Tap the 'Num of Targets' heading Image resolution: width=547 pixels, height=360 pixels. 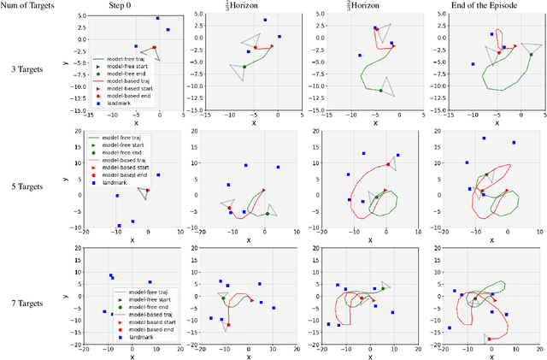(x=30, y=6)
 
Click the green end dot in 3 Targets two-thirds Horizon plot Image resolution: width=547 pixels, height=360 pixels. (x=381, y=91)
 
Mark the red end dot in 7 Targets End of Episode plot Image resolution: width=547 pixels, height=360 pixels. (x=490, y=339)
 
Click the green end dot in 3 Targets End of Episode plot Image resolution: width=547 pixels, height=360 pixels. (x=530, y=55)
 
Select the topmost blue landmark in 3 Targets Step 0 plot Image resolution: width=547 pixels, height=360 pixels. (x=157, y=18)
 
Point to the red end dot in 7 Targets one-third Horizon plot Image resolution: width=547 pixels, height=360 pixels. (x=228, y=326)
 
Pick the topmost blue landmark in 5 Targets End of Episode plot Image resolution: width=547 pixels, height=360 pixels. (x=484, y=138)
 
